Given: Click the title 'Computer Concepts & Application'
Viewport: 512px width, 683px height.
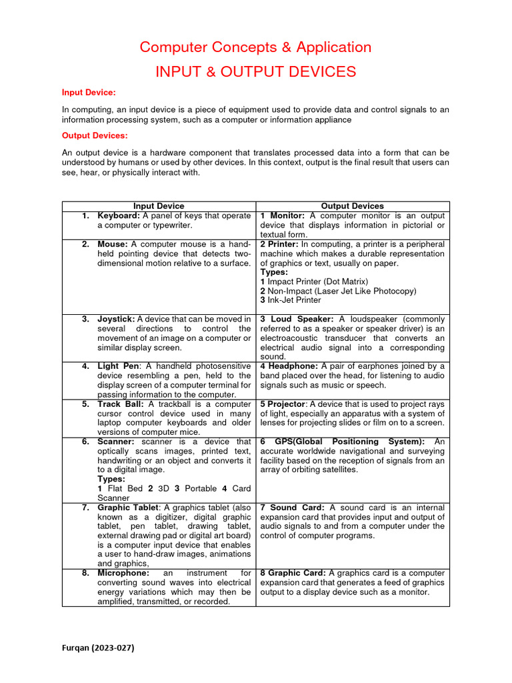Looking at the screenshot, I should [255, 47].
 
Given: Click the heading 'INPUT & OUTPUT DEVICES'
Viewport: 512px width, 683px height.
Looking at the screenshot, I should [255, 72].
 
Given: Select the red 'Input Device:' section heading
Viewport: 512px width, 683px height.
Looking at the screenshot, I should [89, 92].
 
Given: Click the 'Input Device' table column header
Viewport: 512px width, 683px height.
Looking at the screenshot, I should [159, 206].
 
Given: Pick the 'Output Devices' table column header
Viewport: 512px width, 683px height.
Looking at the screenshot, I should [352, 206].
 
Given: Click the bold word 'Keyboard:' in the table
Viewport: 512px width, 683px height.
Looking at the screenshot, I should [119, 216].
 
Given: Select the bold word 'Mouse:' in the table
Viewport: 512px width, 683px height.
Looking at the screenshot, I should [113, 244].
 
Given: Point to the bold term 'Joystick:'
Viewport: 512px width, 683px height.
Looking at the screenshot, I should [116, 319].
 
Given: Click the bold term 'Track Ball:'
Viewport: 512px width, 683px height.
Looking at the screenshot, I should [121, 404].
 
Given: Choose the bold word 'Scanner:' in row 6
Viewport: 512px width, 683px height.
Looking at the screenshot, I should [116, 442].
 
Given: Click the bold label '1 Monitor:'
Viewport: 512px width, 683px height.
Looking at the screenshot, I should [283, 216].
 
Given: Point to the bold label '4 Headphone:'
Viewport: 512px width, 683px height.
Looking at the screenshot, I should [289, 366].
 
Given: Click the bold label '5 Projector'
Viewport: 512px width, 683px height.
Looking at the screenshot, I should [283, 404].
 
